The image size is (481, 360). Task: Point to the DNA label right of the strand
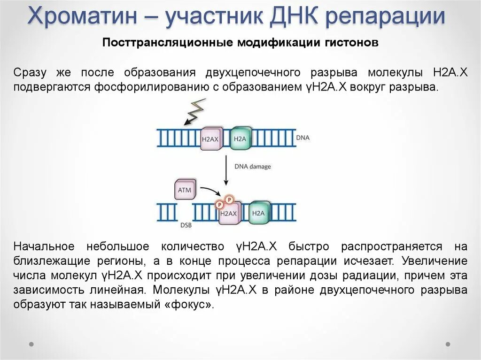pyautogui.click(x=303, y=138)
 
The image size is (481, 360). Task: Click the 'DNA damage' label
pyautogui.click(x=252, y=167)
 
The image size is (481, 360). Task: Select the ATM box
pyautogui.click(x=184, y=190)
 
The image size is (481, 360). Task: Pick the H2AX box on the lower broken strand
pyautogui.click(x=229, y=213)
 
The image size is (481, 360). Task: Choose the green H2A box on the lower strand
pyautogui.click(x=259, y=213)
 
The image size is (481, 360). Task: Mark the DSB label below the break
pyautogui.click(x=186, y=225)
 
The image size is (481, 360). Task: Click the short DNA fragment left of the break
pyautogui.click(x=166, y=213)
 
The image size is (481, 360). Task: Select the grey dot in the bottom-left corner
pyautogui.click(x=31, y=344)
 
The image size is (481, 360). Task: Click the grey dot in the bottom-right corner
pyautogui.click(x=448, y=344)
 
